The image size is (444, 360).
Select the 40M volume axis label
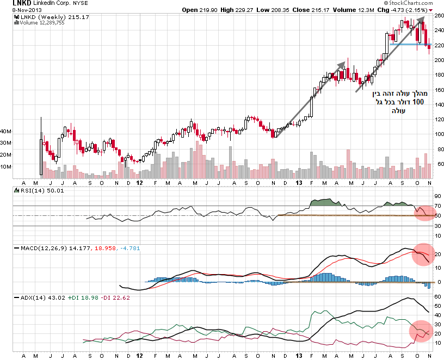[x=6, y=131]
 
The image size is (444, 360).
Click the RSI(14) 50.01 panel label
[x=40, y=191]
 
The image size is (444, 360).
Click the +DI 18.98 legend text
[x=83, y=298]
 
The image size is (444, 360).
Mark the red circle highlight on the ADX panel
[x=421, y=330]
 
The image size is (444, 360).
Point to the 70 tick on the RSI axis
[x=437, y=207]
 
